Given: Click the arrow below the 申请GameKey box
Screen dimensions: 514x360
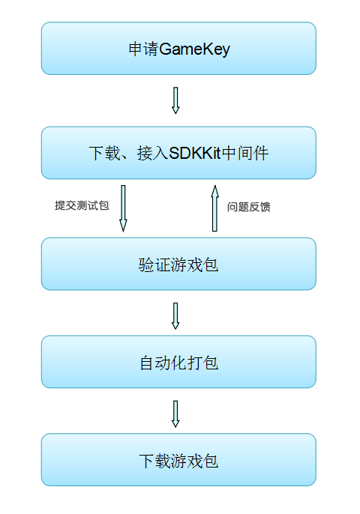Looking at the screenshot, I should [x=175, y=100].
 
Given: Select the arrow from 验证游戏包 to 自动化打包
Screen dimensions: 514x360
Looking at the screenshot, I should [x=175, y=315].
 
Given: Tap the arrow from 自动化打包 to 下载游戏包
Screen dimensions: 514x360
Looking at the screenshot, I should [x=175, y=413].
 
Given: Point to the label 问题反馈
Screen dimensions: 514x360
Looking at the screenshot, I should [x=249, y=207].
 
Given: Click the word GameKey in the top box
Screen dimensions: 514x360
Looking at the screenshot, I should [x=194, y=49].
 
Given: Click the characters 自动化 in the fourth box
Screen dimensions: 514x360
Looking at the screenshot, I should [x=163, y=363].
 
